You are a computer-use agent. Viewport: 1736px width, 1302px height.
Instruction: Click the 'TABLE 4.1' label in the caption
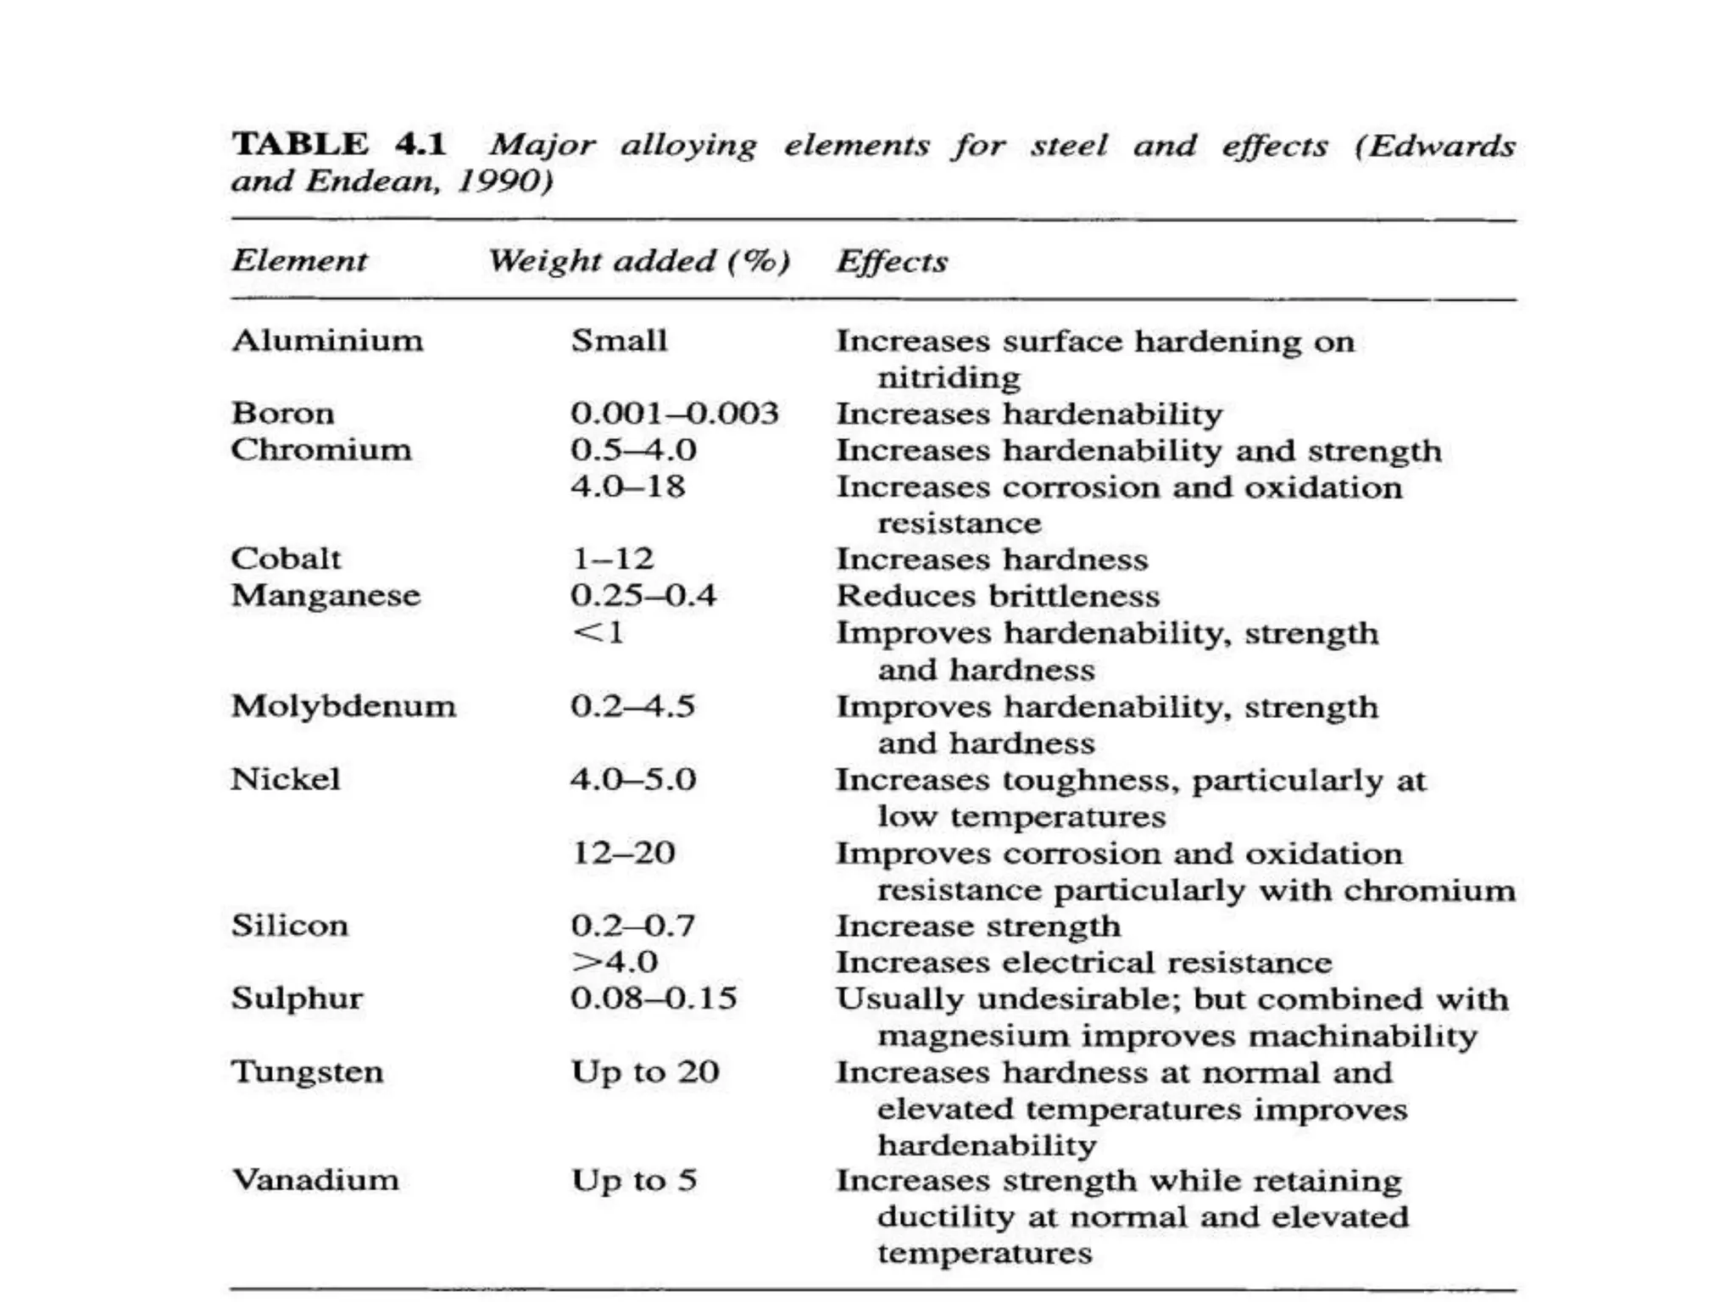tap(339, 144)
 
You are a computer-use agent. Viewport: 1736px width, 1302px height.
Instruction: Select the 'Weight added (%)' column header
tap(639, 261)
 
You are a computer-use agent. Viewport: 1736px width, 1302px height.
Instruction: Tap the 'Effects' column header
tap(892, 261)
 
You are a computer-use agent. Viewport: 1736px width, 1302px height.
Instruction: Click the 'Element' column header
tap(299, 260)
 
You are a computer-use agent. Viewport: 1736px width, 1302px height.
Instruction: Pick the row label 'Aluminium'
tap(327, 341)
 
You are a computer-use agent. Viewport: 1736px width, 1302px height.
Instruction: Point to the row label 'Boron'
tap(283, 414)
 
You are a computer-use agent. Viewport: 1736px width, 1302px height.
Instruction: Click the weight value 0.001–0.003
tap(674, 414)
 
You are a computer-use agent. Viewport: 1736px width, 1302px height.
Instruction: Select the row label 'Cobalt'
tap(286, 559)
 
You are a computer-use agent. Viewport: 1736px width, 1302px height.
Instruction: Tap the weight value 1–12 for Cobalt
tap(612, 559)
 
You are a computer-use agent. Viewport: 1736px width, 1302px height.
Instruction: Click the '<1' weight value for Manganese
tap(598, 632)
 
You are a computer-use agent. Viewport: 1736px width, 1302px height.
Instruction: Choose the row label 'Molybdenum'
tap(343, 706)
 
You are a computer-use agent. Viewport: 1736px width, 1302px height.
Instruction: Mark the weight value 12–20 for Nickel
tap(624, 853)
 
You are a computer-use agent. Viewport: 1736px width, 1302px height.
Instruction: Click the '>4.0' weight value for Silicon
tap(615, 962)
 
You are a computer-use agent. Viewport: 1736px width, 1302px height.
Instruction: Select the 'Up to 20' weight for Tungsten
tap(645, 1072)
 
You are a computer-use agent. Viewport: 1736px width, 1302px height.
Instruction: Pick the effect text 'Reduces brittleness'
tap(998, 596)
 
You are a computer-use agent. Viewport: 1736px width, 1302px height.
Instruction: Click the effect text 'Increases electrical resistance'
tap(1083, 963)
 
